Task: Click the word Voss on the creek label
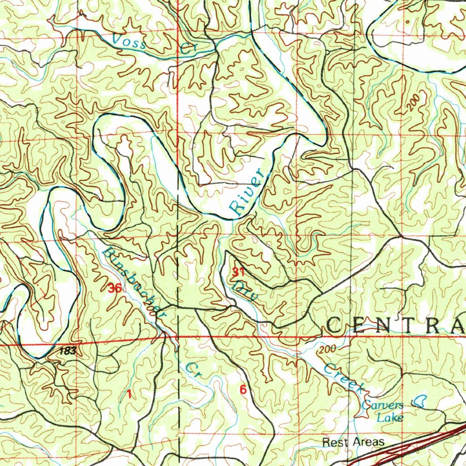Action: (x=129, y=42)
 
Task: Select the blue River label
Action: (x=246, y=192)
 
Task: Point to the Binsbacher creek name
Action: (x=133, y=282)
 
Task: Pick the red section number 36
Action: (x=115, y=288)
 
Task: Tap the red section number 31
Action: (x=238, y=273)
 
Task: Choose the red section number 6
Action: (x=243, y=390)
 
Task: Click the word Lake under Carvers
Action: (x=390, y=417)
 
